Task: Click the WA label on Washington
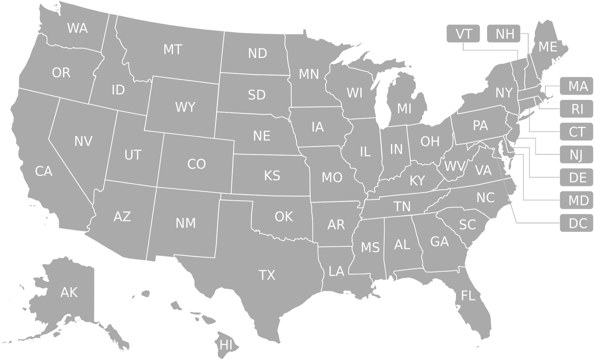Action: [x=77, y=28]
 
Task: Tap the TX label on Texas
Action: [x=267, y=275]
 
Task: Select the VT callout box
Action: [x=464, y=34]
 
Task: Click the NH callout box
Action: [x=505, y=34]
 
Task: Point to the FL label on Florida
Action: [x=468, y=296]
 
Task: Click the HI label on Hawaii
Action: [x=226, y=344]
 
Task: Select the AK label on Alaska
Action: [x=69, y=292]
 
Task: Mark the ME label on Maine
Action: [x=548, y=47]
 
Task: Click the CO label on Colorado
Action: [x=196, y=164]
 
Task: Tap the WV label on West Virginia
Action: [x=455, y=166]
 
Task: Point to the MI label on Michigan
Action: [x=404, y=109]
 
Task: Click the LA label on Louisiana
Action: [x=336, y=271]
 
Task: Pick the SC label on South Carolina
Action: [x=467, y=225]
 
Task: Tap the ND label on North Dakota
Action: [x=258, y=54]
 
